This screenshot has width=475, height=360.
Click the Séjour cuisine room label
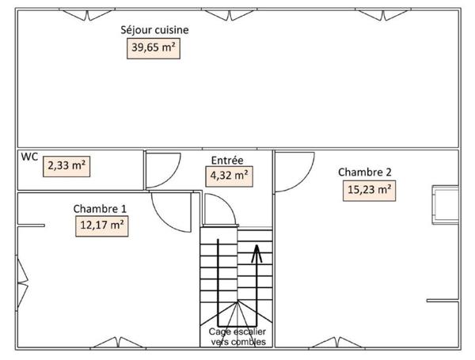[x=154, y=30]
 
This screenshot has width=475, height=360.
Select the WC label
[x=29, y=157]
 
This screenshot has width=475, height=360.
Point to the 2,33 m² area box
[x=67, y=166]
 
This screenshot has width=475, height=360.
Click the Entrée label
[x=226, y=159]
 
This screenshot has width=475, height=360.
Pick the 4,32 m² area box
[x=229, y=175]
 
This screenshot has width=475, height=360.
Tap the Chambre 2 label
[x=364, y=172]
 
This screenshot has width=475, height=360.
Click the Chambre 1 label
[x=100, y=208]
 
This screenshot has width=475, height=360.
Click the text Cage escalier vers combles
[x=237, y=337]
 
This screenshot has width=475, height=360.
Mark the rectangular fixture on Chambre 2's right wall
[x=443, y=204]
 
